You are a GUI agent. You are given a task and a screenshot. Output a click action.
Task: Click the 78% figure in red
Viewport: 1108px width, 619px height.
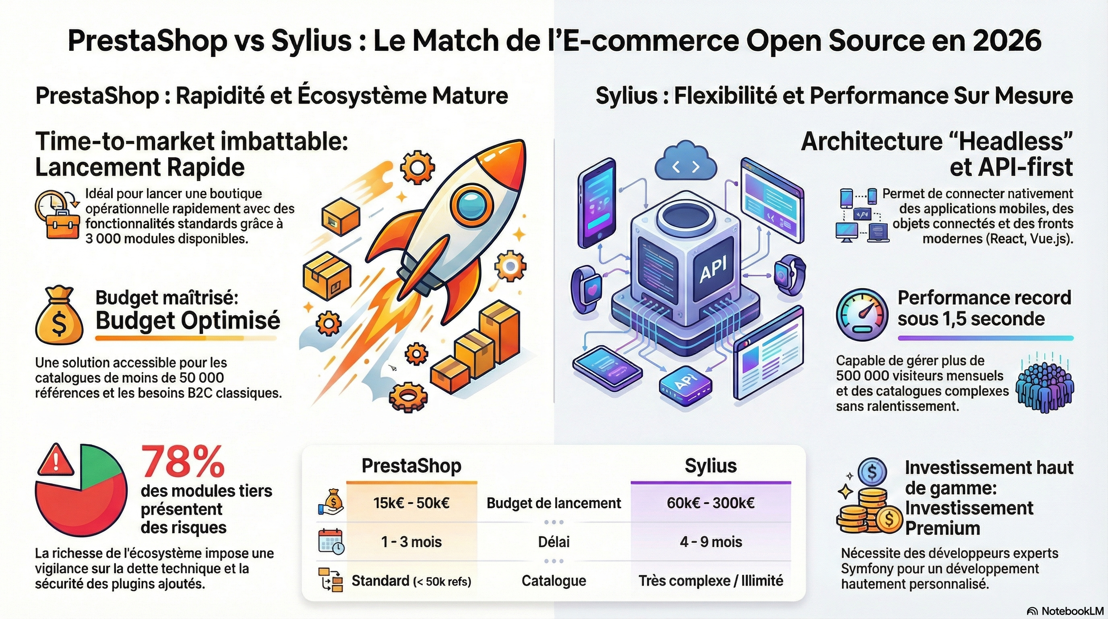(182, 461)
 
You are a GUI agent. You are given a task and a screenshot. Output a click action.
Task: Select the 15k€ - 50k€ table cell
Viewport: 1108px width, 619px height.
(411, 503)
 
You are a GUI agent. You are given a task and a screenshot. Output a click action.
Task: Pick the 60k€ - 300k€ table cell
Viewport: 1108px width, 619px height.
(711, 503)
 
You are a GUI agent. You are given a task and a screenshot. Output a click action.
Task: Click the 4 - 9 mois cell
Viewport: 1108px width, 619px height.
(711, 542)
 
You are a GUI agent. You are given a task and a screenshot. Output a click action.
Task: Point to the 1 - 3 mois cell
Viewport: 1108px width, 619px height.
(411, 542)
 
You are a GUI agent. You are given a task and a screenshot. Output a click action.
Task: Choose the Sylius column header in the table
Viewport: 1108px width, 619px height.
(711, 466)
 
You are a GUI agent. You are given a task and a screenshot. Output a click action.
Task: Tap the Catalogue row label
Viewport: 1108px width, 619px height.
(554, 581)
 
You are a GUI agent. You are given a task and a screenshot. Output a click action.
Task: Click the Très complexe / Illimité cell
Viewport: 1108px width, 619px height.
(711, 581)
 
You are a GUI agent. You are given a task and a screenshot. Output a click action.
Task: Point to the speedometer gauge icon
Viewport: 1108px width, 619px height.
(862, 315)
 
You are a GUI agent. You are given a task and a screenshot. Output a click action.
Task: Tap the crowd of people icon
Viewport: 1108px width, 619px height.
(1044, 387)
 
